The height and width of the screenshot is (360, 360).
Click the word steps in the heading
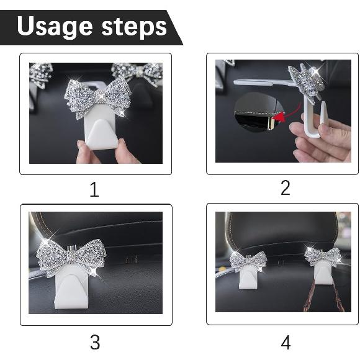[x=131, y=27]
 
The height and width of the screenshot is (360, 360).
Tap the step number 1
[x=94, y=189]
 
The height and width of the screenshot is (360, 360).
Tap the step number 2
[x=285, y=188]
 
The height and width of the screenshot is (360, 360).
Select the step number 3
[x=94, y=341]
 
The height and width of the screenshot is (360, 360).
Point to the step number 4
[x=285, y=341]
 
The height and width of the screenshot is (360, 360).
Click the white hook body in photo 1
[x=101, y=132]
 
